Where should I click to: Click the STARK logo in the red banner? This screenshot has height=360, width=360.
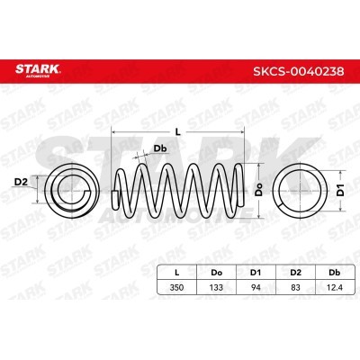click(38, 70)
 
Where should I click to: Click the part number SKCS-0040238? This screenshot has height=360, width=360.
click(299, 71)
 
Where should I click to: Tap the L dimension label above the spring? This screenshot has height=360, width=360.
click(178, 131)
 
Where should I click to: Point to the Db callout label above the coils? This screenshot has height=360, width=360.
click(160, 148)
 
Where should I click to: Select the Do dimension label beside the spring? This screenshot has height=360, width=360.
click(258, 190)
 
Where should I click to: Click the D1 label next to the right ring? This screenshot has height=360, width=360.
click(340, 190)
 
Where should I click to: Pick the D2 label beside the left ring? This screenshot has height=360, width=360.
click(21, 182)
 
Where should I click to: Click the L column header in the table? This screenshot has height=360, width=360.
click(177, 273)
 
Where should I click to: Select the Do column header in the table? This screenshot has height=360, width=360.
click(216, 273)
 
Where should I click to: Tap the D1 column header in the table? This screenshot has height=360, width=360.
click(256, 273)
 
